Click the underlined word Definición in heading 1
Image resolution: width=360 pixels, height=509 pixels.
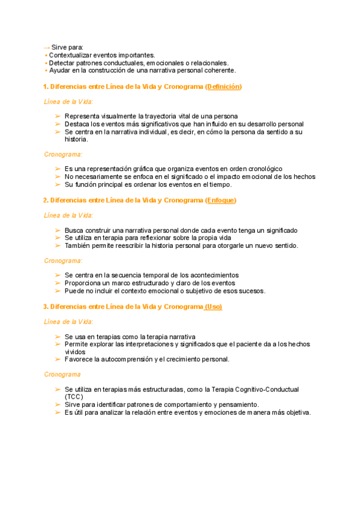pyautogui.click(x=223, y=86)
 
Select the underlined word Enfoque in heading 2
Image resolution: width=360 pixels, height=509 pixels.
pyautogui.click(x=221, y=200)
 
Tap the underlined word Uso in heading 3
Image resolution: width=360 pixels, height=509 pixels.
pyautogui.click(x=213, y=306)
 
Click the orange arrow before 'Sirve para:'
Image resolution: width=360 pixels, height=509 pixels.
pyautogui.click(x=47, y=47)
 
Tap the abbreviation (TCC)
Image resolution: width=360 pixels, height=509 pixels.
pyautogui.click(x=74, y=397)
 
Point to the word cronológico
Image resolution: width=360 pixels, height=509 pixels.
pyautogui.click(x=262, y=169)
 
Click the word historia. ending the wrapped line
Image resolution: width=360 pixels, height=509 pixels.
pyautogui.click(x=76, y=139)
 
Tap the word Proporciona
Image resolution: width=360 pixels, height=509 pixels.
pyautogui.click(x=84, y=283)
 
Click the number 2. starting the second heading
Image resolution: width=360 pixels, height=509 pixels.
pyautogui.click(x=46, y=200)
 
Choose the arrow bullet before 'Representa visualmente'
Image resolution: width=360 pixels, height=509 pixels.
pyautogui.click(x=57, y=116)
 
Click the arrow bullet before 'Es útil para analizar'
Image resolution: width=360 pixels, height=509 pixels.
pyautogui.click(x=57, y=412)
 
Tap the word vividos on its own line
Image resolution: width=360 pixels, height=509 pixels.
pyautogui.click(x=75, y=352)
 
